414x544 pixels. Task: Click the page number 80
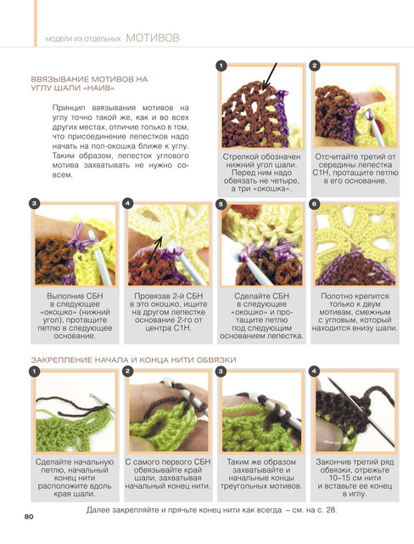click(x=29, y=517)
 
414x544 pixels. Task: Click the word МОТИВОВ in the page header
click(x=153, y=37)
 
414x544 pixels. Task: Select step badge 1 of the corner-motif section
click(x=221, y=65)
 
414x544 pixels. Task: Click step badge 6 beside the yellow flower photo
click(x=315, y=204)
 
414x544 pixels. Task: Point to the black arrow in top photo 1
click(x=270, y=76)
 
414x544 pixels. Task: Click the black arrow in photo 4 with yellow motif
click(x=156, y=249)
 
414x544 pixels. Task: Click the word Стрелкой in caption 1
click(x=238, y=156)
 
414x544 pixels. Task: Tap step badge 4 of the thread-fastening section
click(x=314, y=371)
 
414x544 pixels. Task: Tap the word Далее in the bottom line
click(x=98, y=510)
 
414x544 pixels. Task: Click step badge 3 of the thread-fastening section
click(x=221, y=371)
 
